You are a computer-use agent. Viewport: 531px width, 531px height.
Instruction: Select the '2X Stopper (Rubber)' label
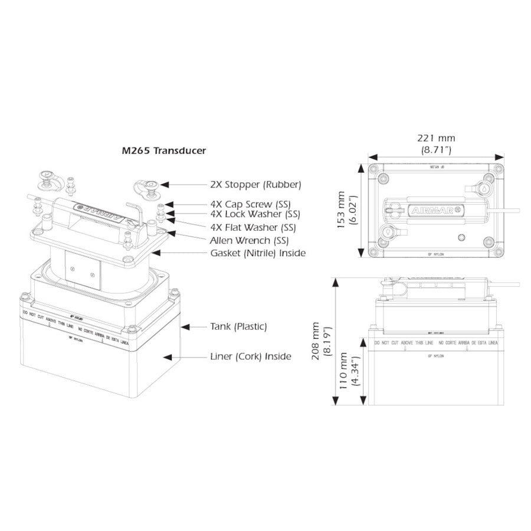tap(255, 185)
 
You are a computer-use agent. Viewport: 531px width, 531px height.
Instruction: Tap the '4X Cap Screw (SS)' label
tap(251, 204)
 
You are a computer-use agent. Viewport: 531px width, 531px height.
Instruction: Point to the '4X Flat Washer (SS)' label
tap(253, 227)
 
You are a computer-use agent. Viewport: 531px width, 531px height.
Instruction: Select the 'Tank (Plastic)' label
tap(239, 326)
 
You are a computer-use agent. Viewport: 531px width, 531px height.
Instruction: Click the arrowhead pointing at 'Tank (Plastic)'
tap(184, 326)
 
